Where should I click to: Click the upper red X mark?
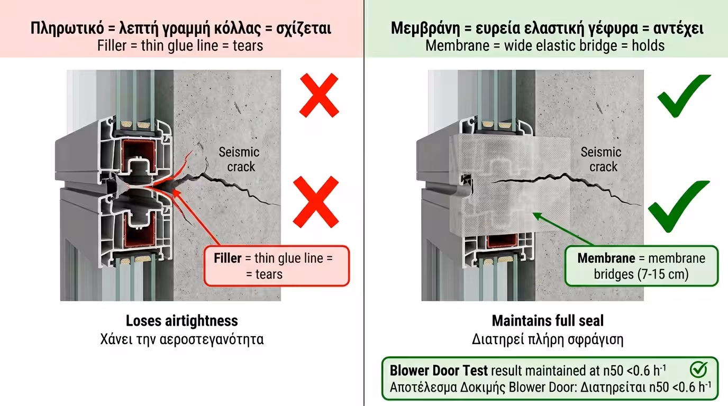click(319, 95)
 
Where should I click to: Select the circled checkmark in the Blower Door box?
click(698, 370)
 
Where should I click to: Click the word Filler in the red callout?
click(228, 259)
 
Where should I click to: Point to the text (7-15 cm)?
click(641, 274)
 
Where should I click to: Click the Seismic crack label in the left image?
click(239, 159)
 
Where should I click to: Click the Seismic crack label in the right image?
click(600, 159)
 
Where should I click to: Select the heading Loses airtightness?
click(181, 320)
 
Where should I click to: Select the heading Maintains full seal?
click(548, 320)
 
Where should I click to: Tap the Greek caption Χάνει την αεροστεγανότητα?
click(181, 339)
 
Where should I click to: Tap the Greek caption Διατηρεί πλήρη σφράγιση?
click(548, 339)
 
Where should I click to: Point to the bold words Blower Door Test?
click(439, 370)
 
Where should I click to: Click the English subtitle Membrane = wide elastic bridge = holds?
click(545, 45)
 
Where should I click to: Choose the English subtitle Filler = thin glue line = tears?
click(180, 45)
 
